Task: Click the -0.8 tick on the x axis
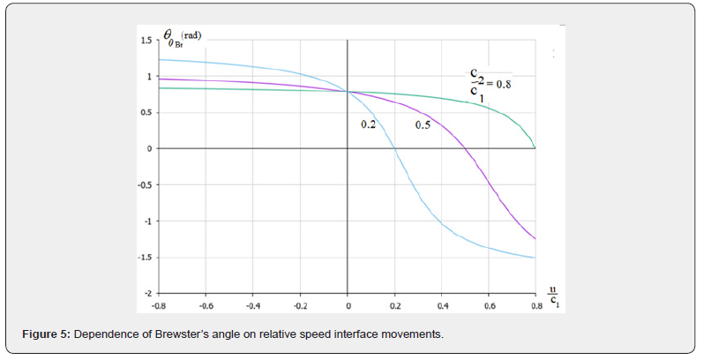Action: pos(159,306)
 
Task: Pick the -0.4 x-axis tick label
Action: pos(253,306)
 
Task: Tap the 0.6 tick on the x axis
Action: pos(490,306)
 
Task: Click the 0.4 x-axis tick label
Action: pos(443,306)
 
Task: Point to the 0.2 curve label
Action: pos(368,125)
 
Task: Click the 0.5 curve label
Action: pos(423,125)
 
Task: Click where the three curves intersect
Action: pos(348,92)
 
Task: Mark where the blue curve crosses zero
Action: pos(394,149)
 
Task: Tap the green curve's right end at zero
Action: pos(536,148)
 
